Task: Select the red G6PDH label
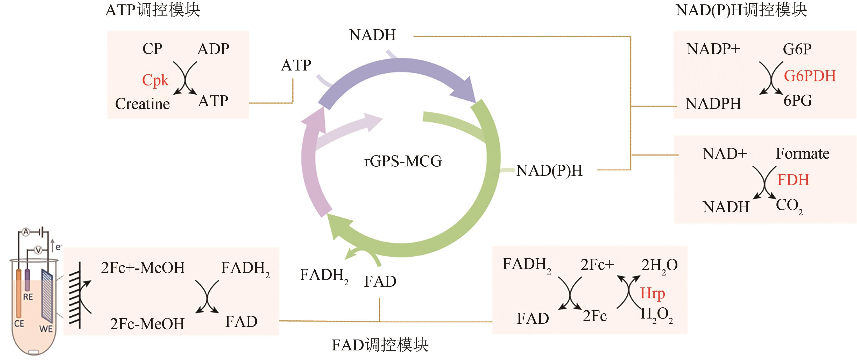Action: coord(809,76)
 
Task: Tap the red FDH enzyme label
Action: coord(793,180)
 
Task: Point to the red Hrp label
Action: coord(652,293)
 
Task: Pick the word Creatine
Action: coord(142,104)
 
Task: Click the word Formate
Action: coord(802,154)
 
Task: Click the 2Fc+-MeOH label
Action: coord(143,268)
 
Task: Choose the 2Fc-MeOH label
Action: coord(147,324)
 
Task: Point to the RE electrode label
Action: coord(28,297)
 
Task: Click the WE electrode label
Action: coord(46,329)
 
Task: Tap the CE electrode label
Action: coord(19,323)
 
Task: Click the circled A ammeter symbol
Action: coord(26,232)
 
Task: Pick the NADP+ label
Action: coord(713,49)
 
